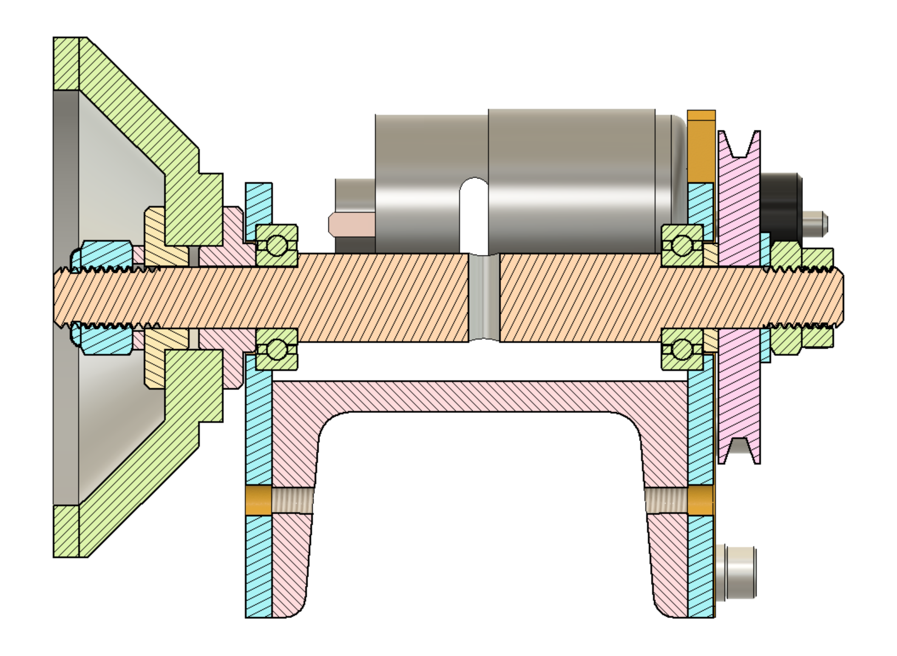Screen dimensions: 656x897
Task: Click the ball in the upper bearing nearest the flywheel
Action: tap(277, 245)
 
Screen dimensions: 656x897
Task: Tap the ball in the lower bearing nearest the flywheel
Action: tap(277, 350)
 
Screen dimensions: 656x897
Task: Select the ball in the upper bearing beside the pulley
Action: tap(682, 245)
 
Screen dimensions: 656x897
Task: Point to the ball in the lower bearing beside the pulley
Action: tap(682, 349)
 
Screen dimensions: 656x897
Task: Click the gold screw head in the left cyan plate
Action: tap(258, 501)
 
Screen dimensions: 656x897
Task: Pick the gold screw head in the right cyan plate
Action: tap(700, 500)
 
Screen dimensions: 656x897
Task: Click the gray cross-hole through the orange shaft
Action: tap(484, 298)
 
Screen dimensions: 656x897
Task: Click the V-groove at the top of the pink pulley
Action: tap(739, 147)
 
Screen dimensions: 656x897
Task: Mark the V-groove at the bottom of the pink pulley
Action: tap(739, 449)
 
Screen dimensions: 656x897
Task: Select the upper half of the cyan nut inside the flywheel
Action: tap(106, 255)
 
